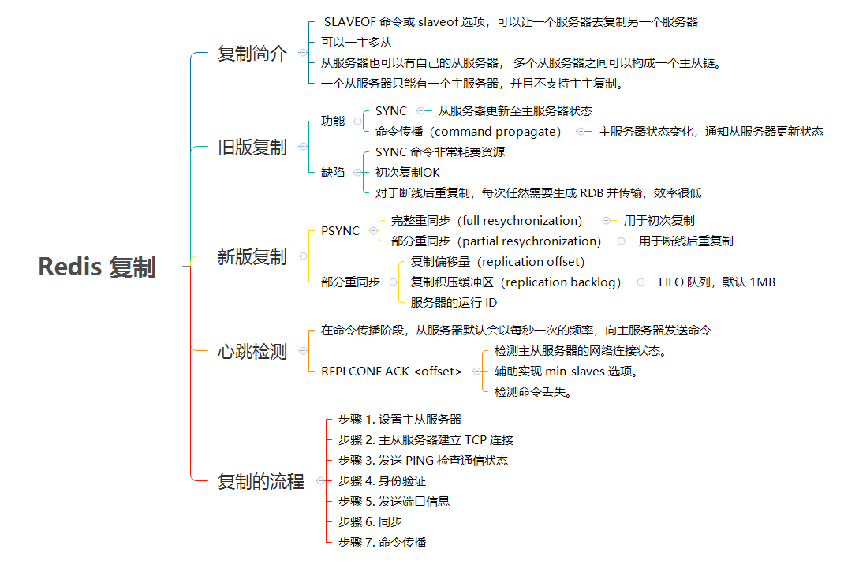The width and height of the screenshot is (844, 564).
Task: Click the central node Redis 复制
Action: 97,267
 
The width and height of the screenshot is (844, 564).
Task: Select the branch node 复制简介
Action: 252,54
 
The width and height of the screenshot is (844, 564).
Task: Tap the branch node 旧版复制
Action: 252,148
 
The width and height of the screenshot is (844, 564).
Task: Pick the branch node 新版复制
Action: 252,257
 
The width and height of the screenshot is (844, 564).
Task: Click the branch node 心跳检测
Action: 252,352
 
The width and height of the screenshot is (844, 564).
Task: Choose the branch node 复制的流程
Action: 261,481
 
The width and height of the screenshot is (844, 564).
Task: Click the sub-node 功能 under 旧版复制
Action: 333,121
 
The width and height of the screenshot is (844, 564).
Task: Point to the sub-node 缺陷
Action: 333,172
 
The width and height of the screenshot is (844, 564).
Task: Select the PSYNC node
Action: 340,231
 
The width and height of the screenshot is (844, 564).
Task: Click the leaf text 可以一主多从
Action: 357,43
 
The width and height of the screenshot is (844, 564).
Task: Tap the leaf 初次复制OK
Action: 408,172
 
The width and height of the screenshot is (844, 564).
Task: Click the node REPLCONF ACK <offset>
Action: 391,372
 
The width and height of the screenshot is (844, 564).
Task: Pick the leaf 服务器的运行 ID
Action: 454,302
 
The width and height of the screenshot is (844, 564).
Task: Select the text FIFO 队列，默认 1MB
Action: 717,282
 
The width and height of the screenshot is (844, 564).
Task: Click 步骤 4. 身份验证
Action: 382,480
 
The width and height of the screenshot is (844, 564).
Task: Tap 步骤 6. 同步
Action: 370,521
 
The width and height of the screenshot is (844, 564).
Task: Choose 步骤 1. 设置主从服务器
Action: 400,419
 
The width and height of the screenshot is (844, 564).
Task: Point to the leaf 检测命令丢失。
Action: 532,391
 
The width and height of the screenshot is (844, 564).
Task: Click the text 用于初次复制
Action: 659,221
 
